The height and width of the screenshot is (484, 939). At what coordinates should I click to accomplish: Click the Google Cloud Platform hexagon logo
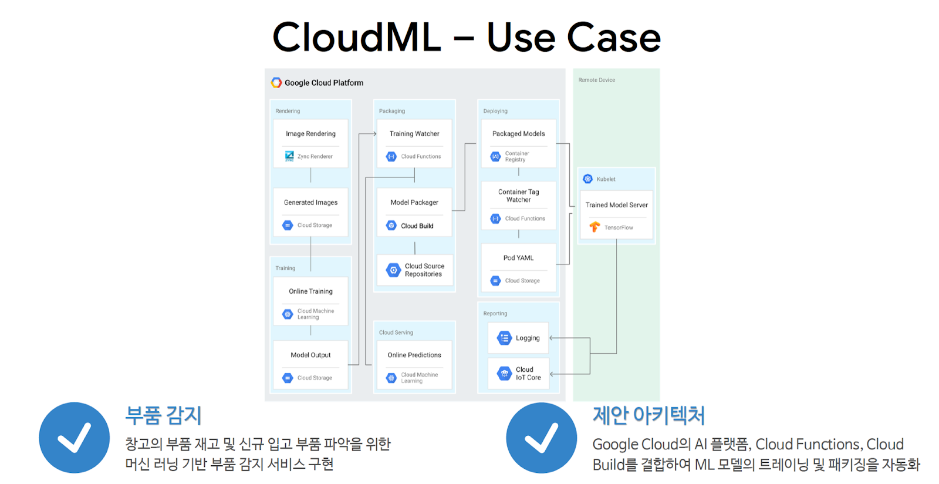click(276, 83)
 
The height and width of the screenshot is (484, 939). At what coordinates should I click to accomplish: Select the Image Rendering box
click(310, 143)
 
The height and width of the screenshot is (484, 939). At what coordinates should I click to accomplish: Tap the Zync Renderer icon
click(289, 156)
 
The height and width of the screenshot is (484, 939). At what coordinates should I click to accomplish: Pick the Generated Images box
click(310, 212)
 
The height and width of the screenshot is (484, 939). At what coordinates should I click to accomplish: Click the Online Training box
click(310, 301)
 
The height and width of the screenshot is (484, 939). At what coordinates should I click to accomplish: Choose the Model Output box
click(310, 365)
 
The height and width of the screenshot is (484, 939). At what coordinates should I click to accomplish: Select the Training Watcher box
click(414, 143)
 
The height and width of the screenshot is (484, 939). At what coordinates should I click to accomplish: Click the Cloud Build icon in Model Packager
click(391, 226)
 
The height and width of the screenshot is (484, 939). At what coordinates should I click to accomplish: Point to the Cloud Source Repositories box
click(415, 270)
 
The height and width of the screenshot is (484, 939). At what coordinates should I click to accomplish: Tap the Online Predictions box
click(414, 365)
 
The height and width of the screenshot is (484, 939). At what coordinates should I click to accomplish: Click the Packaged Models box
click(518, 143)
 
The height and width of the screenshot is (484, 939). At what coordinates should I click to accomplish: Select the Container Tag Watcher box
click(518, 204)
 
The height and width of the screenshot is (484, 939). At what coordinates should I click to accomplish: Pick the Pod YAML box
click(518, 267)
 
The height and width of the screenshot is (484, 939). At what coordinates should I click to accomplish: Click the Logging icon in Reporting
click(504, 338)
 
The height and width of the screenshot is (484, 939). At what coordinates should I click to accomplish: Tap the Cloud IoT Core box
click(518, 374)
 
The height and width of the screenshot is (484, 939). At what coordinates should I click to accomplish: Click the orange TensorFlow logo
click(595, 227)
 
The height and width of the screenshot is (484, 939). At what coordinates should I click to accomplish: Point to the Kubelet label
click(606, 179)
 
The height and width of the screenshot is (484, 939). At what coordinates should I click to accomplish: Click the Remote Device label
click(597, 80)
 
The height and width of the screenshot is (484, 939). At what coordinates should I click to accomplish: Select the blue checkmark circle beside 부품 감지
click(75, 438)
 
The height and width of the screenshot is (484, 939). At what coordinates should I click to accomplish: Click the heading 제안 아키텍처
click(648, 415)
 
